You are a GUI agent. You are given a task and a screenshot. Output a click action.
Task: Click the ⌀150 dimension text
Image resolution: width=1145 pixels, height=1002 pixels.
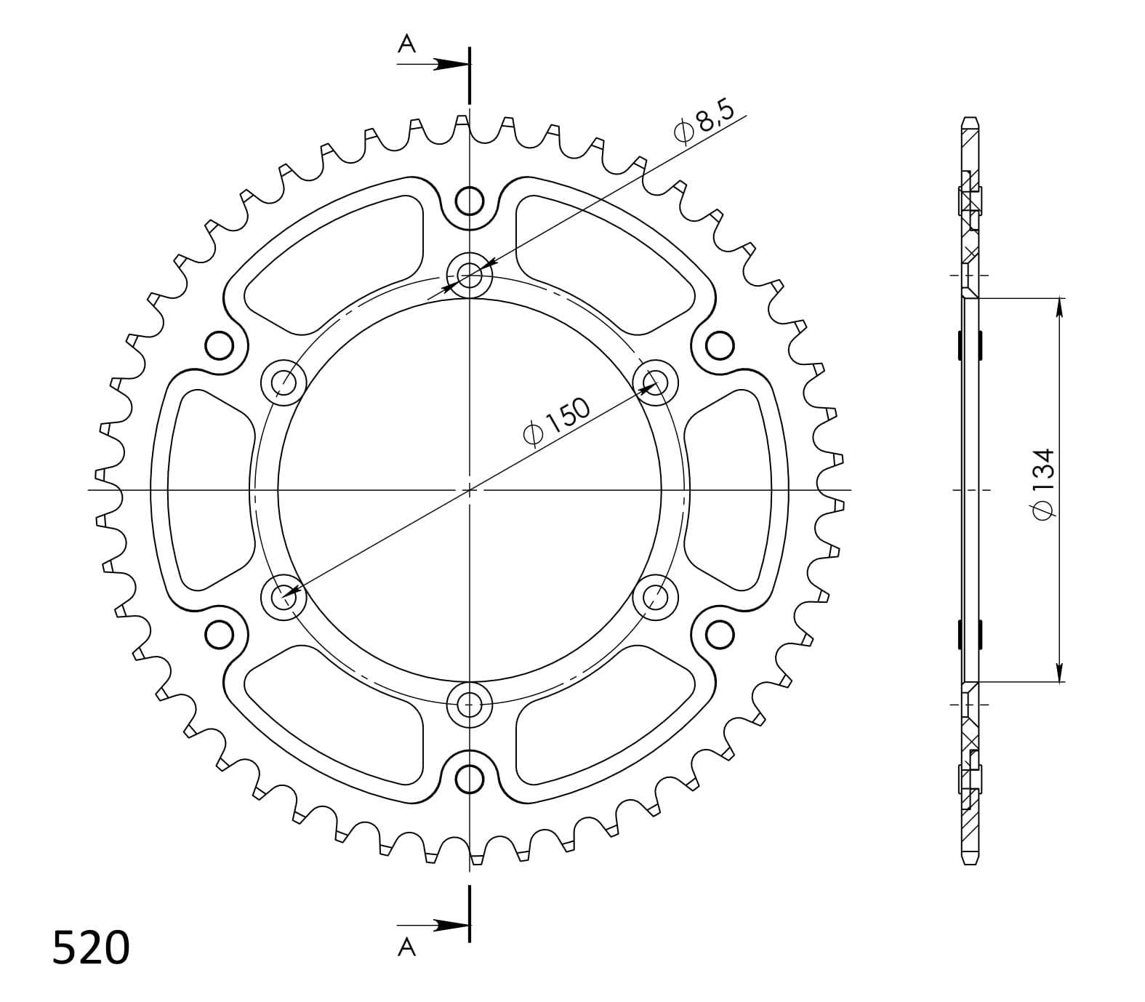click(556, 422)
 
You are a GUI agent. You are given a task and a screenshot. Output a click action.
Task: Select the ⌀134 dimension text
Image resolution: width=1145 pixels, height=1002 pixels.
click(1042, 484)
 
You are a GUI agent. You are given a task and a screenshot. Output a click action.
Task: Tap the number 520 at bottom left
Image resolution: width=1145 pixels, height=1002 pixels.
click(91, 948)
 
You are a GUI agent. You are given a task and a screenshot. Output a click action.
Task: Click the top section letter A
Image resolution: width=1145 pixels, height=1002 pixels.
click(407, 45)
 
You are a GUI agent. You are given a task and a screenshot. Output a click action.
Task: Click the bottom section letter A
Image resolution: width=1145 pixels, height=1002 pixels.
click(407, 946)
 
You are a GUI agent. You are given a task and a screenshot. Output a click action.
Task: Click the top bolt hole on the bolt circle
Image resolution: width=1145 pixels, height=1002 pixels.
click(470, 275)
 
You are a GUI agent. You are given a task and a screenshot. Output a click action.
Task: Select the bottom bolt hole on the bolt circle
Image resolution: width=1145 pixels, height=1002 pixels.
click(470, 704)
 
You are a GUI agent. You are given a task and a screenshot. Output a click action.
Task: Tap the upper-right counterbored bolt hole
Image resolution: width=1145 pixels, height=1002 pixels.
click(655, 382)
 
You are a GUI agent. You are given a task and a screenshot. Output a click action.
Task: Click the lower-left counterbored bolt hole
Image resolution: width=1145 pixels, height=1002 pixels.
click(284, 597)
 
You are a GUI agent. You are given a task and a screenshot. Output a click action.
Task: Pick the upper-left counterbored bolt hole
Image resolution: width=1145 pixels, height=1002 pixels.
click(284, 382)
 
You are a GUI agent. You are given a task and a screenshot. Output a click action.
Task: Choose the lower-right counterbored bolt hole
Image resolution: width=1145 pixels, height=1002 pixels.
click(655, 597)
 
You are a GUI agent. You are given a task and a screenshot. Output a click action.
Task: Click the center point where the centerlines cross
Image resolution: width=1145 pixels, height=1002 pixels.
click(470, 489)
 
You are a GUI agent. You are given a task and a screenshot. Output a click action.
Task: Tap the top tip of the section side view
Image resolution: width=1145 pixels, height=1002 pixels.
click(971, 119)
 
